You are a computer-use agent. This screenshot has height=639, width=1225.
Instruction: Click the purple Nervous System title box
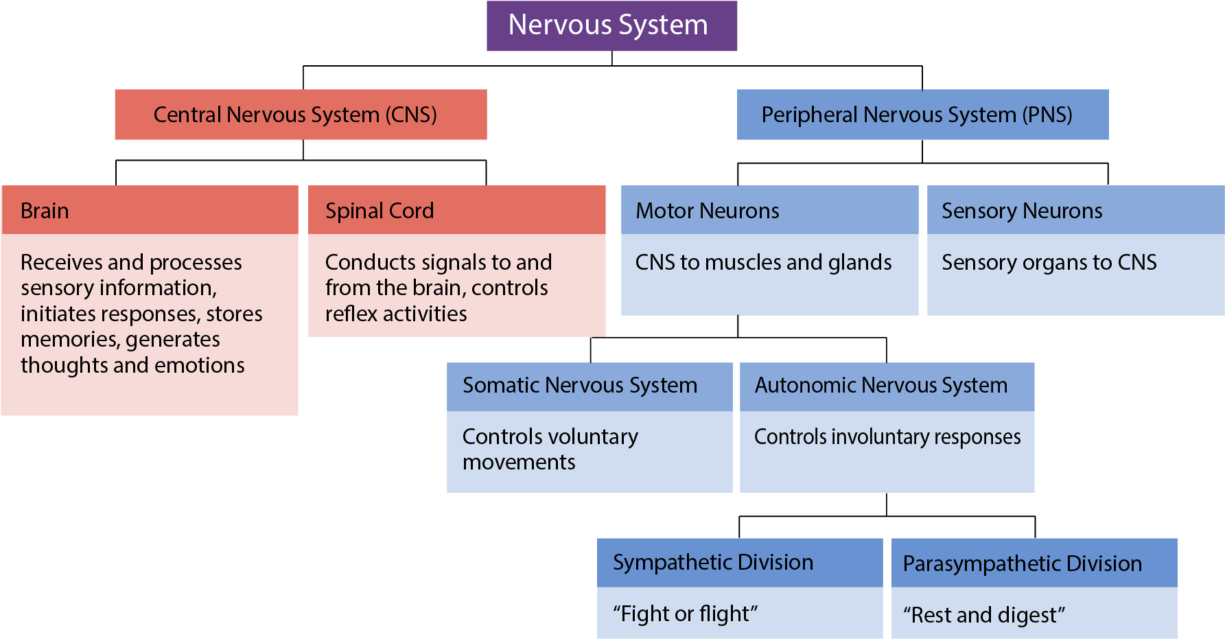[611, 26]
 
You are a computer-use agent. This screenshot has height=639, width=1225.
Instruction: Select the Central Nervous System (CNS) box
[301, 115]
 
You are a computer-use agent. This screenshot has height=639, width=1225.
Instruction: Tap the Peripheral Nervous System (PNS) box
[922, 115]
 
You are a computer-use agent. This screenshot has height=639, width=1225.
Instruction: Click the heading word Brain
[45, 211]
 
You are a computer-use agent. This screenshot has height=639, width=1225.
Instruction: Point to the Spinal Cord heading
[380, 211]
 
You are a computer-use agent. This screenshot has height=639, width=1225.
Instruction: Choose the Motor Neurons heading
[708, 211]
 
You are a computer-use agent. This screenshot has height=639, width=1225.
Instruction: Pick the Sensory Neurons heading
[1022, 211]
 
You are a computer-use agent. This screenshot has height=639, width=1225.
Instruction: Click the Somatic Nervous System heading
[580, 385]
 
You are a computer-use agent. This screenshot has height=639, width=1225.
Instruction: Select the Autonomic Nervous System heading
[881, 385]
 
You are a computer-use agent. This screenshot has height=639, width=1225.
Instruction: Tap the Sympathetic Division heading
[713, 562]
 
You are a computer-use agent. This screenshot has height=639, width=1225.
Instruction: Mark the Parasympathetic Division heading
[1023, 564]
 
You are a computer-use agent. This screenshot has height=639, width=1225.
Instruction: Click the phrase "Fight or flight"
[686, 614]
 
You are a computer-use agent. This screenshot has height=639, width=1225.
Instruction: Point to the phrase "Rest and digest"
[984, 615]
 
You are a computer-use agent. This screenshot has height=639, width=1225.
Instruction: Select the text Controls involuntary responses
[887, 437]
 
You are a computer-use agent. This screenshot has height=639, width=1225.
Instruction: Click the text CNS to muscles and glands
[763, 262]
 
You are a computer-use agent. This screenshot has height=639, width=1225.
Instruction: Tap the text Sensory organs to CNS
[1049, 262]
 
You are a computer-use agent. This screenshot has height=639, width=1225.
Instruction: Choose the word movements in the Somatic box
[519, 463]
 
